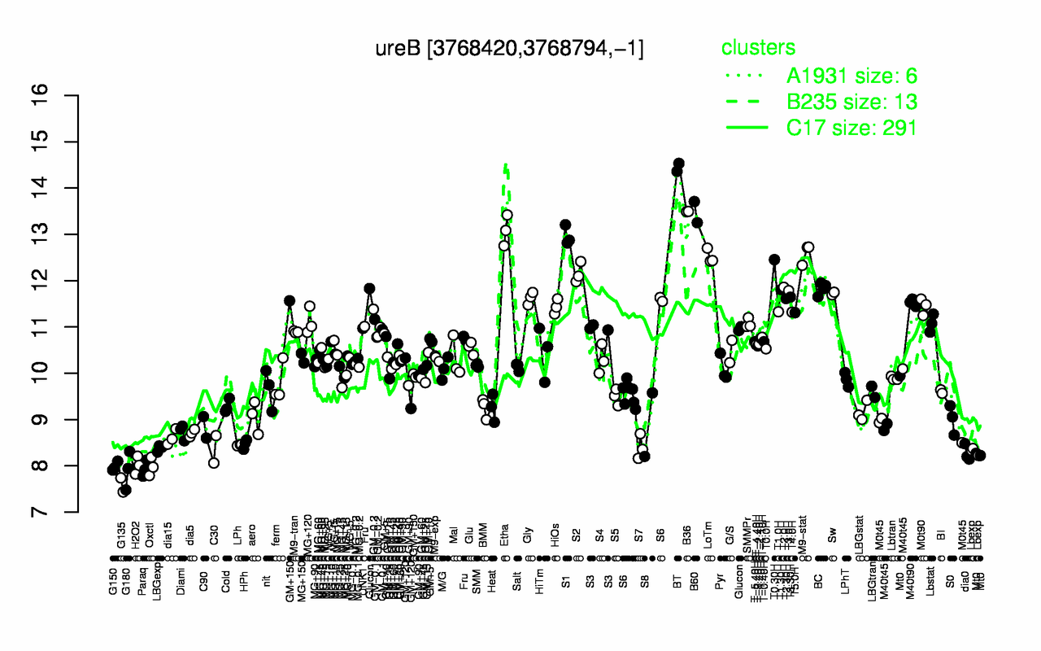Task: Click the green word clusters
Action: [x=758, y=48]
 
